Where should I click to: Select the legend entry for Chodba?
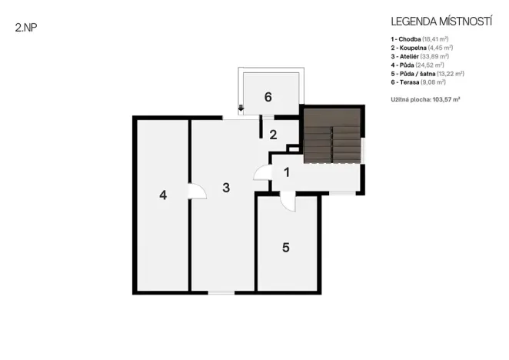(420, 38)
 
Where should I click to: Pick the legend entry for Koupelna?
(421, 48)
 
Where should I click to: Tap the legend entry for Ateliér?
(420, 56)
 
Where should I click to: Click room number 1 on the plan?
(286, 172)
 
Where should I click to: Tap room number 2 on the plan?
(273, 135)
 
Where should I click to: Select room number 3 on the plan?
(226, 187)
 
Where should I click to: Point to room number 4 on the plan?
(163, 195)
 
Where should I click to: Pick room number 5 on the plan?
(285, 248)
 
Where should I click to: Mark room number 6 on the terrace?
(268, 97)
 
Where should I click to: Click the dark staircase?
(331, 135)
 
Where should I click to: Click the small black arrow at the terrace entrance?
(241, 108)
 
